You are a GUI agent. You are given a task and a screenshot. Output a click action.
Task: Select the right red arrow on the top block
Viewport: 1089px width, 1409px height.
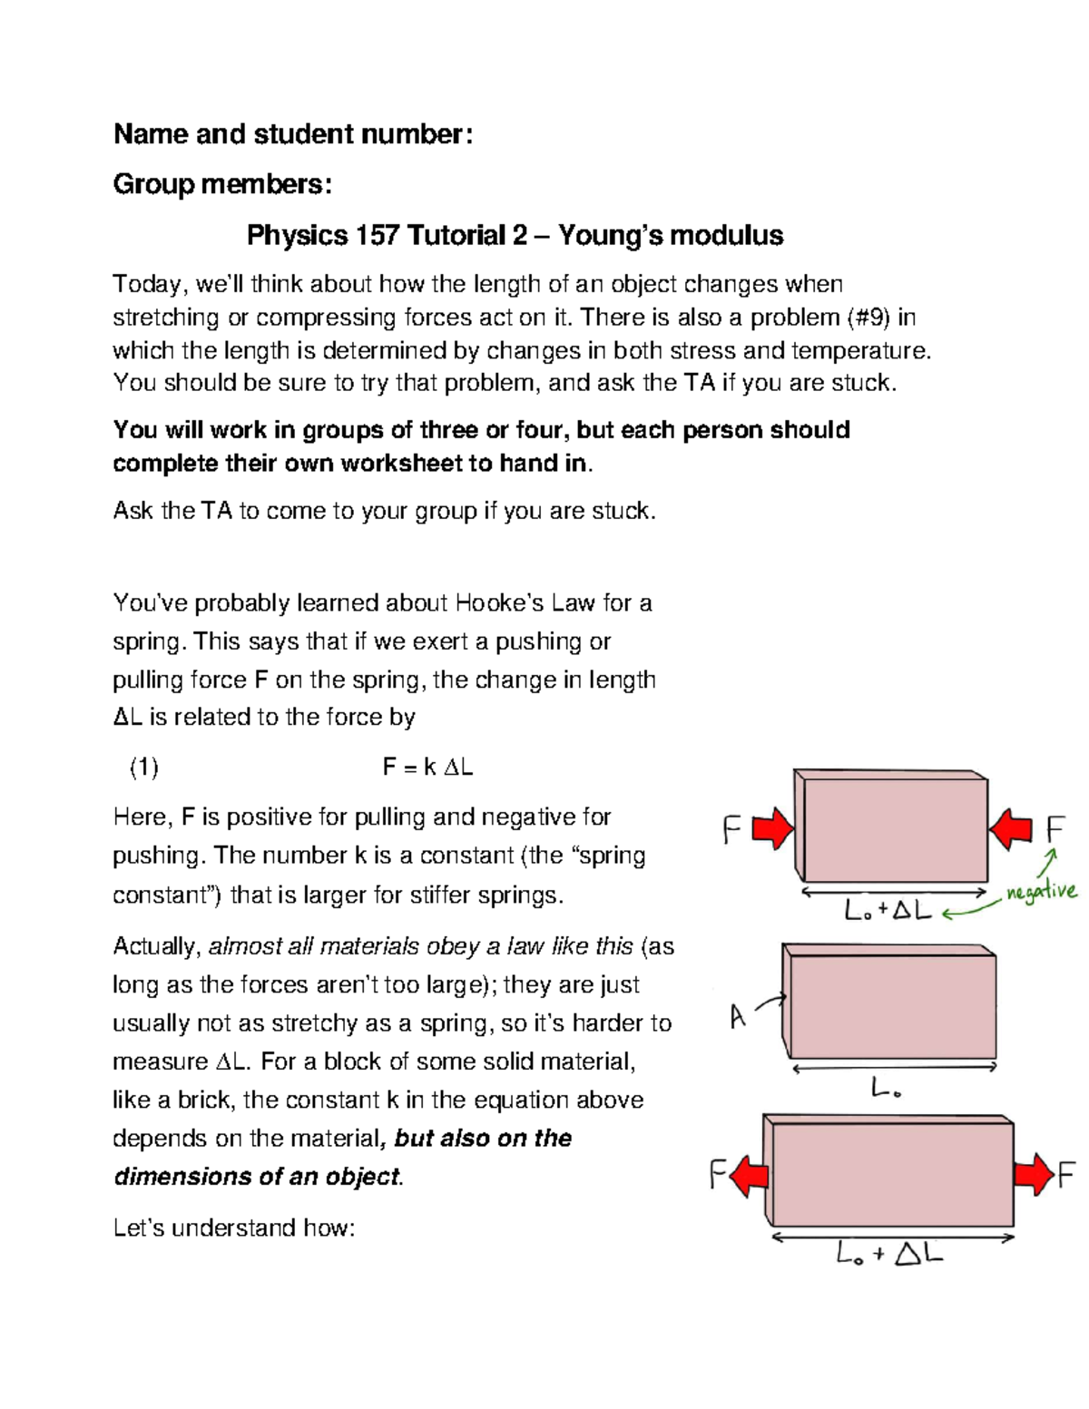pyautogui.click(x=1011, y=829)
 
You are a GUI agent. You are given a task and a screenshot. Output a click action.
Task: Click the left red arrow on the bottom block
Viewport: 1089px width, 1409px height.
pyautogui.click(x=750, y=1177)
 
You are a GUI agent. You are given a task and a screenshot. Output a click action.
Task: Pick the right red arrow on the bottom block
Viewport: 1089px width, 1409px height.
pyautogui.click(x=1034, y=1175)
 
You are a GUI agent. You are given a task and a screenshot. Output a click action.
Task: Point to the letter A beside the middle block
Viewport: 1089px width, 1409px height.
pyautogui.click(x=738, y=1017)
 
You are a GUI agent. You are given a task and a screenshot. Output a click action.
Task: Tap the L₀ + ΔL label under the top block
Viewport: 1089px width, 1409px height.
pyautogui.click(x=888, y=910)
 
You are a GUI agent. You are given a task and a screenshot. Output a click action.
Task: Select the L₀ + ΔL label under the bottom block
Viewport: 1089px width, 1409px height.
pyautogui.click(x=889, y=1255)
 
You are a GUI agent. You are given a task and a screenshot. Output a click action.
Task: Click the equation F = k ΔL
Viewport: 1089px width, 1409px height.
pyautogui.click(x=427, y=768)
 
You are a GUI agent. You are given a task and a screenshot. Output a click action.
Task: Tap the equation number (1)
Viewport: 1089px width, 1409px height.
pyautogui.click(x=143, y=768)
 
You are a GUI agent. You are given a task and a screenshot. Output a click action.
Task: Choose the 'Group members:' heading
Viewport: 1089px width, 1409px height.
pyautogui.click(x=222, y=184)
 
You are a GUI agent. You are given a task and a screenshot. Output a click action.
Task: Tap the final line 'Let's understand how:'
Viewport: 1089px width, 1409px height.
pyautogui.click(x=233, y=1228)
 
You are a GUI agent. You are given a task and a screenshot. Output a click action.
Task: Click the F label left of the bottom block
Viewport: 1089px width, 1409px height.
pyautogui.click(x=718, y=1177)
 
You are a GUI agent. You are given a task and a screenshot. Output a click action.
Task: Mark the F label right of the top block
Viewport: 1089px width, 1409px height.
pyautogui.click(x=1055, y=829)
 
